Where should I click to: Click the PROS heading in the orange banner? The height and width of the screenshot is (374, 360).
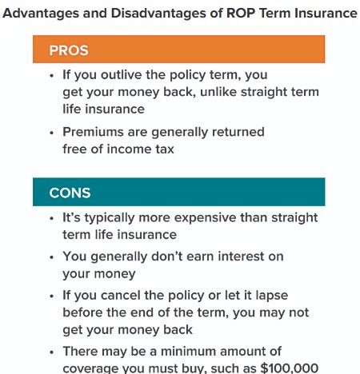69,50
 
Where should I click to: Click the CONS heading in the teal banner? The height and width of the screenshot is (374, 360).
70,193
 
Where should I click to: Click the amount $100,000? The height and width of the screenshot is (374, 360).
291,367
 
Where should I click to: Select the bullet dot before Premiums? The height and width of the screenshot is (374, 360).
52,132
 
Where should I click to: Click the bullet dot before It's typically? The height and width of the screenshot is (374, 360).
52,219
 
